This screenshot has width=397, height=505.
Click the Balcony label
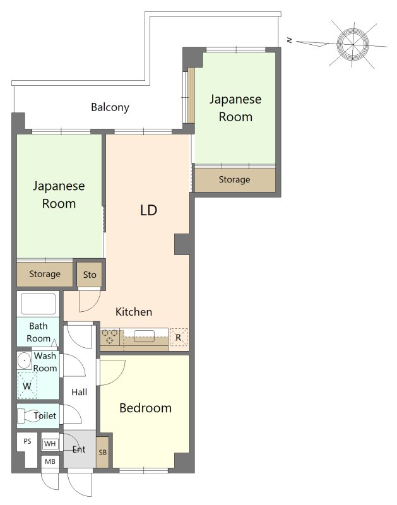110,107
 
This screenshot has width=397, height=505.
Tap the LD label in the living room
148,210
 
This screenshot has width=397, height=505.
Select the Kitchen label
134,312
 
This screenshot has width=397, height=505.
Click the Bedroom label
145,408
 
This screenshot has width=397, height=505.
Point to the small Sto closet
90,275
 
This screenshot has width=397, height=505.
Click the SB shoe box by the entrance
102,452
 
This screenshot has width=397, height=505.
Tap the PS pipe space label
27,441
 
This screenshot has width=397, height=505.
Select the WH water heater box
50,444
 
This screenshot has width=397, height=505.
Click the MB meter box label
50,461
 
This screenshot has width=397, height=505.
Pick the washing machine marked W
27,385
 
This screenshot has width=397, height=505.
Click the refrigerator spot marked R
179,337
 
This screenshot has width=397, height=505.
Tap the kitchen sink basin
145,336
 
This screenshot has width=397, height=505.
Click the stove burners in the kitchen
110,336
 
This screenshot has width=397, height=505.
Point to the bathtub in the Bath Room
39,304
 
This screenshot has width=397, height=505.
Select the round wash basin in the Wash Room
24,360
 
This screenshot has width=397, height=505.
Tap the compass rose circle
353,44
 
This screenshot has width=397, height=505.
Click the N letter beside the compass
290,40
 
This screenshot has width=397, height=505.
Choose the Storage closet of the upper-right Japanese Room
235,180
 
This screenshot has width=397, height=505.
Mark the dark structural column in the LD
182,244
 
